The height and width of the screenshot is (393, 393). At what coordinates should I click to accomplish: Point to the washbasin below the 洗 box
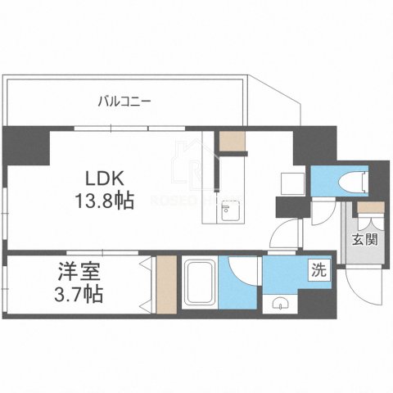(x=282, y=305)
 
